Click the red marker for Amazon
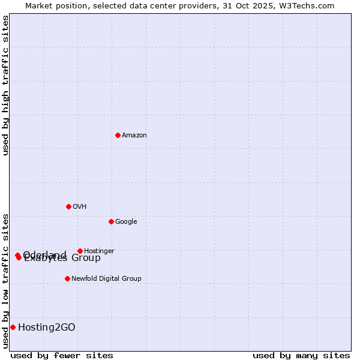coord(118,135)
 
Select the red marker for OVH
coord(68,206)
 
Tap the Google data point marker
coord(111,221)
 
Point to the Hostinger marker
coord(80,251)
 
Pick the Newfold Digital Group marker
coord(67,278)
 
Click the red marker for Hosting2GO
coord(13,327)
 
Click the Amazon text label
coord(134,136)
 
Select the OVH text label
coord(80,207)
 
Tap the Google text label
coord(126,222)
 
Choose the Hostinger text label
coord(99,251)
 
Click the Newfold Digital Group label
coord(106,279)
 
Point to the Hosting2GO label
coord(47,327)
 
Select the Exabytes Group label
coord(62,259)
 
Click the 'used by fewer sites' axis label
coord(62,355)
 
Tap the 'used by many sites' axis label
coord(301,355)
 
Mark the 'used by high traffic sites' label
coord(5,85)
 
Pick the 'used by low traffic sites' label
coord(5,281)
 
